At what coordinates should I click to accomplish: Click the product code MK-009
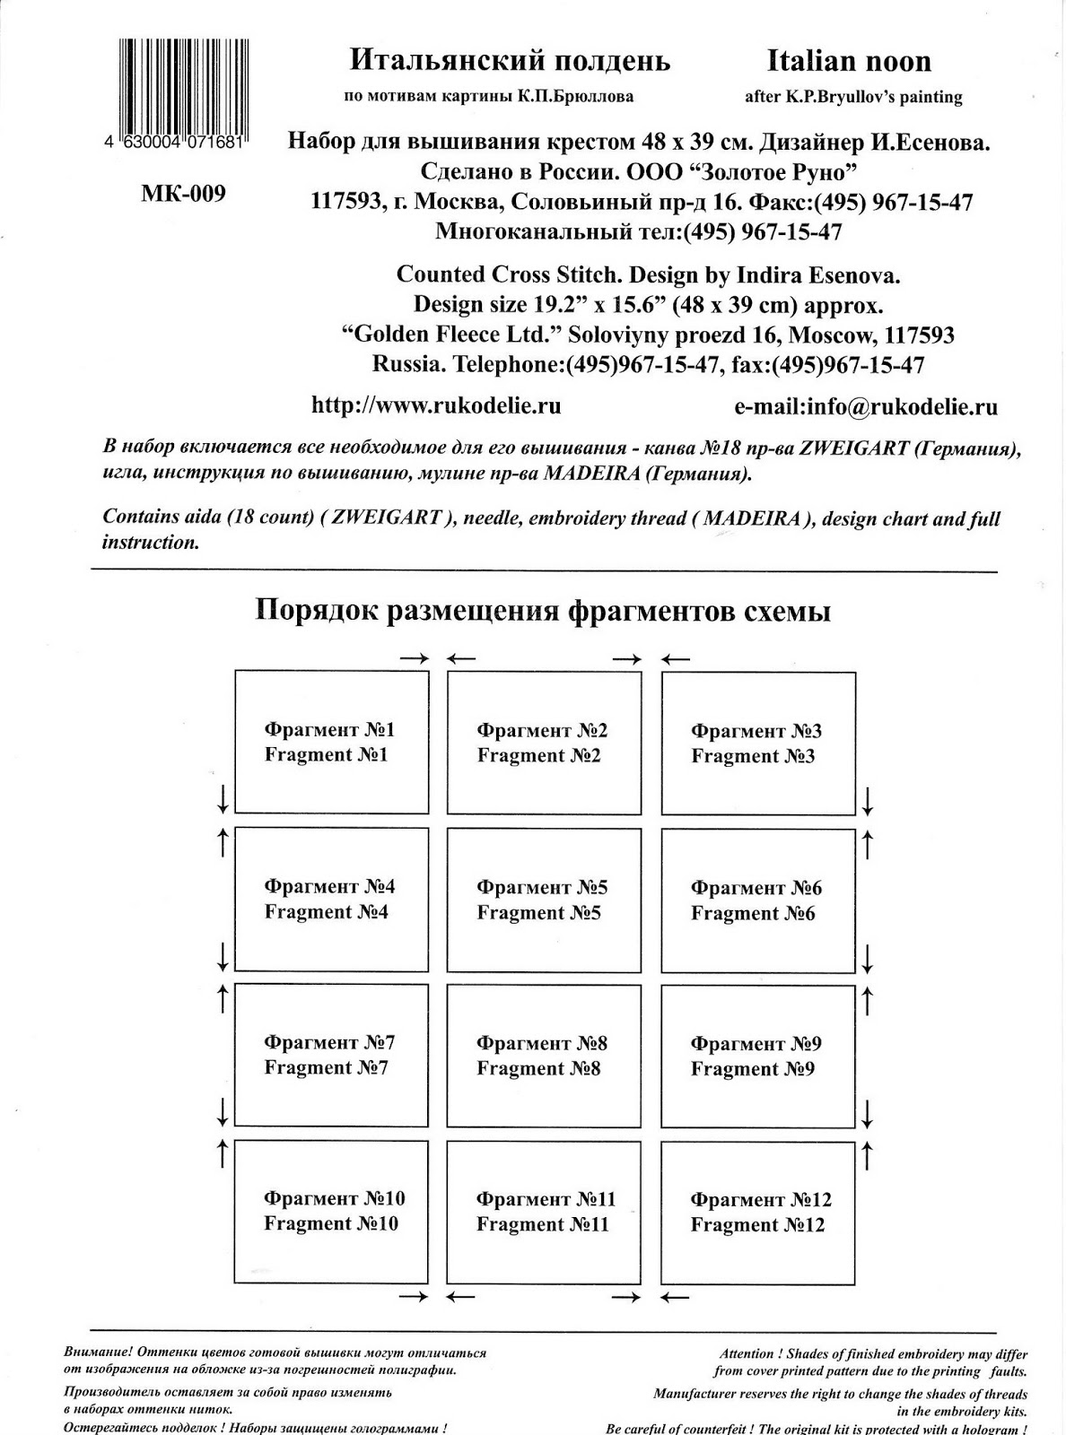pyautogui.click(x=183, y=194)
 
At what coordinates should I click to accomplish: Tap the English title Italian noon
pyautogui.click(x=849, y=61)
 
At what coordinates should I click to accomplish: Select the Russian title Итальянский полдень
pyautogui.click(x=510, y=61)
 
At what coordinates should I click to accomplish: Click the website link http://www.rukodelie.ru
pyautogui.click(x=436, y=405)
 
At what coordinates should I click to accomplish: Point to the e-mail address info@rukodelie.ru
pyautogui.click(x=866, y=406)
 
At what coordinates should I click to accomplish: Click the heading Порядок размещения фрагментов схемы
pyautogui.click(x=543, y=611)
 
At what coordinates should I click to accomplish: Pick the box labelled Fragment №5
pyautogui.click(x=544, y=900)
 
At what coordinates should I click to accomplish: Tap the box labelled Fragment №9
pyautogui.click(x=758, y=1056)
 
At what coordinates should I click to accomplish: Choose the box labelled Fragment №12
pyautogui.click(x=758, y=1212)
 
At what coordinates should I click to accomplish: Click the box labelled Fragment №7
pyautogui.click(x=331, y=1055)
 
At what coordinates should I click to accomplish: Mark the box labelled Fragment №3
pyautogui.click(x=758, y=744)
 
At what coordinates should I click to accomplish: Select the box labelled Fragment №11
pyautogui.click(x=544, y=1212)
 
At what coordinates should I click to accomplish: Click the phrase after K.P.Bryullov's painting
pyautogui.click(x=853, y=97)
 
